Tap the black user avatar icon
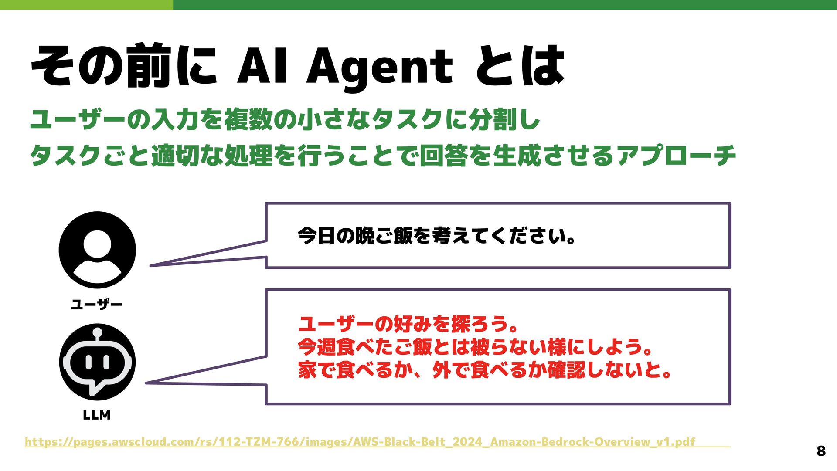97,250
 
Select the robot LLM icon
97,362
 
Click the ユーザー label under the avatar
96,305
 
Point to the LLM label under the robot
96,415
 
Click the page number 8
821,451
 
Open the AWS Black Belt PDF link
360,442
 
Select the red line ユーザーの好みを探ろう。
408,324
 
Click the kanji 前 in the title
147,65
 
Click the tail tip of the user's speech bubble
151,265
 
